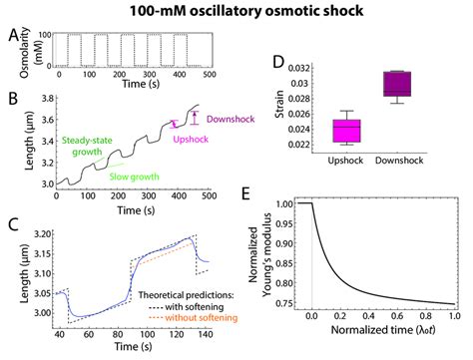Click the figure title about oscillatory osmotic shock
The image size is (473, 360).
236,11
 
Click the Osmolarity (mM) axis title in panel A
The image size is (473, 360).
24,52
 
